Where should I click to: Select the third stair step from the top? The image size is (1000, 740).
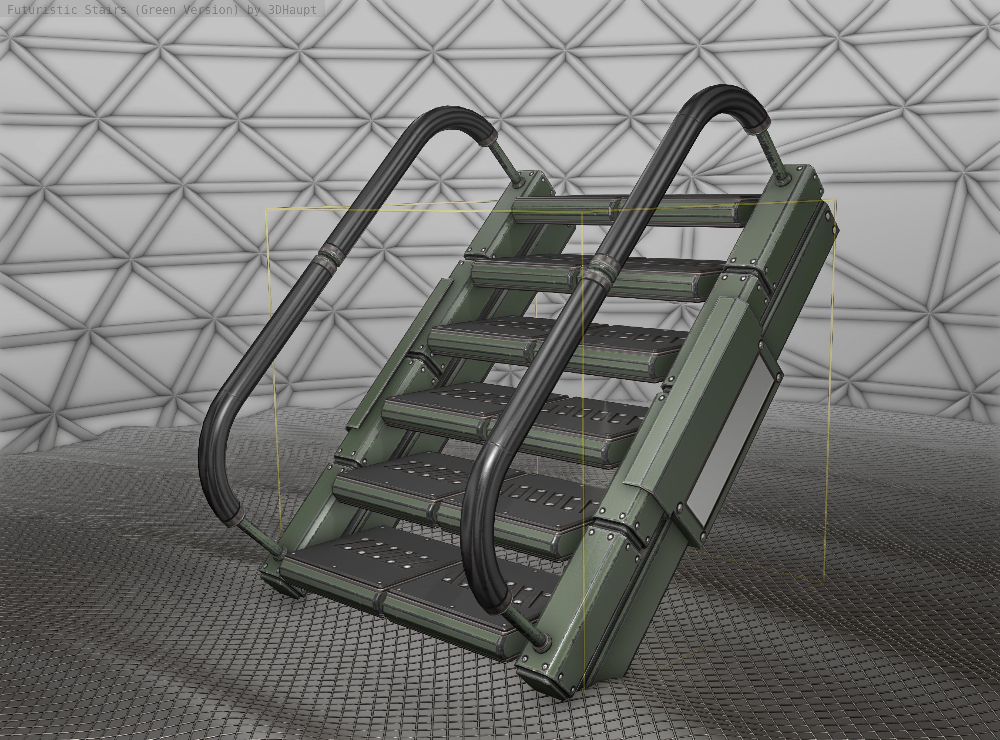coord(560,345)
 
